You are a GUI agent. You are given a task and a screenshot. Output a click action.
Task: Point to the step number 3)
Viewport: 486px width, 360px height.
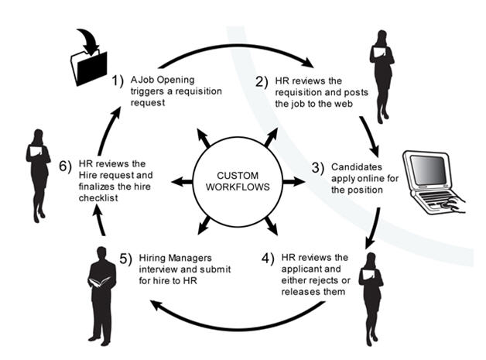(x=317, y=167)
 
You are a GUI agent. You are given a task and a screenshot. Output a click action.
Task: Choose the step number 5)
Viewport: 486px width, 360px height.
(x=125, y=257)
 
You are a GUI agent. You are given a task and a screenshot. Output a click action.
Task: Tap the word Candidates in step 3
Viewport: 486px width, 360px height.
(x=358, y=167)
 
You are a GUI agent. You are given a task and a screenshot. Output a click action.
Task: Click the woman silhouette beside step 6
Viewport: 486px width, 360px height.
(x=38, y=174)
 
